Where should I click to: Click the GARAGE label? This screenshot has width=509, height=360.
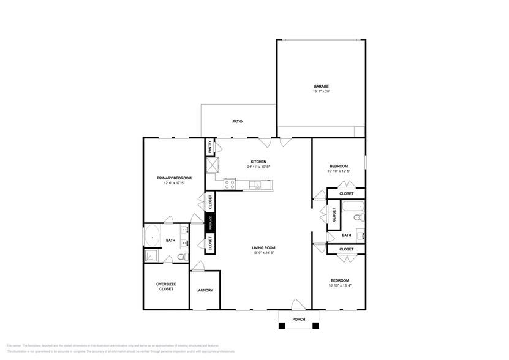(x=322, y=87)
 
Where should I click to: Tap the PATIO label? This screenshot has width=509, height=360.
(x=237, y=121)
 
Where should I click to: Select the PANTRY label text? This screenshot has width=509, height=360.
(x=209, y=147)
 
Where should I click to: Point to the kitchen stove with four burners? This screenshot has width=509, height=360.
(x=230, y=182)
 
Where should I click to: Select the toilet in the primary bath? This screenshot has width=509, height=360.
(x=181, y=257)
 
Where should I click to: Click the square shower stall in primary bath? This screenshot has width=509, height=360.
(x=151, y=257)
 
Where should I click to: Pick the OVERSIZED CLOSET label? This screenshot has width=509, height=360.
(x=166, y=287)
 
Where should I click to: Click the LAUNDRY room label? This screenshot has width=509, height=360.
(x=205, y=290)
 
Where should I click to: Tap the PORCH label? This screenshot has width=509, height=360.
(x=300, y=319)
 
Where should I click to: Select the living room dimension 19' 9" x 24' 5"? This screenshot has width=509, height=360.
(x=263, y=252)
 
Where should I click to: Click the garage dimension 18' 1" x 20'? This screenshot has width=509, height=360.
(x=322, y=92)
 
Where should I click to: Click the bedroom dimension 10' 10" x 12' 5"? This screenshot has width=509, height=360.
(x=339, y=171)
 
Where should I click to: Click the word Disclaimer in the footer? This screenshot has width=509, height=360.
(x=15, y=345)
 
